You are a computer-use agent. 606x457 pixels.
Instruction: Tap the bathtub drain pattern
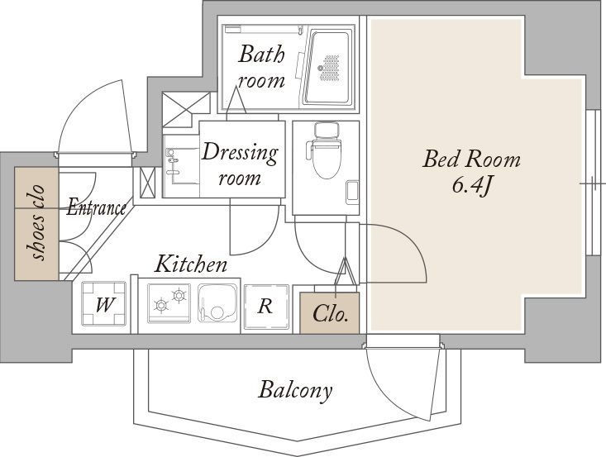329,69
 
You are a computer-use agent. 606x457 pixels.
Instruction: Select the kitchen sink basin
217,303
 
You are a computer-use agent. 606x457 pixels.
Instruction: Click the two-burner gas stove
169,303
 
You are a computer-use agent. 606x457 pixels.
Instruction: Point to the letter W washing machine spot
104,304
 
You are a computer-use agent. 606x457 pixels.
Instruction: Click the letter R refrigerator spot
266,307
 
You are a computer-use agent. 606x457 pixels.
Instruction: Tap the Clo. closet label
331,313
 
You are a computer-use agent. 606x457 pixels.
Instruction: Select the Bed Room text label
471,159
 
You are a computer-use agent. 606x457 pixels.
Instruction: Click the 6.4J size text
471,186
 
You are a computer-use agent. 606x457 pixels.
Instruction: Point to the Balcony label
295,390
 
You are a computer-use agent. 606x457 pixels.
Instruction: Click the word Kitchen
190,264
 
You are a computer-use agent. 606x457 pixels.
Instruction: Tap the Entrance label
96,207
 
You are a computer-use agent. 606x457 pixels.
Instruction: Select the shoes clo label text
37,223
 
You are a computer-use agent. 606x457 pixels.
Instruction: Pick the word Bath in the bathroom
261,55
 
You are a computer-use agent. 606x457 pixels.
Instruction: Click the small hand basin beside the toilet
352,192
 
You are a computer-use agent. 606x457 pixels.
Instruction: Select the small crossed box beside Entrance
147,183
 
